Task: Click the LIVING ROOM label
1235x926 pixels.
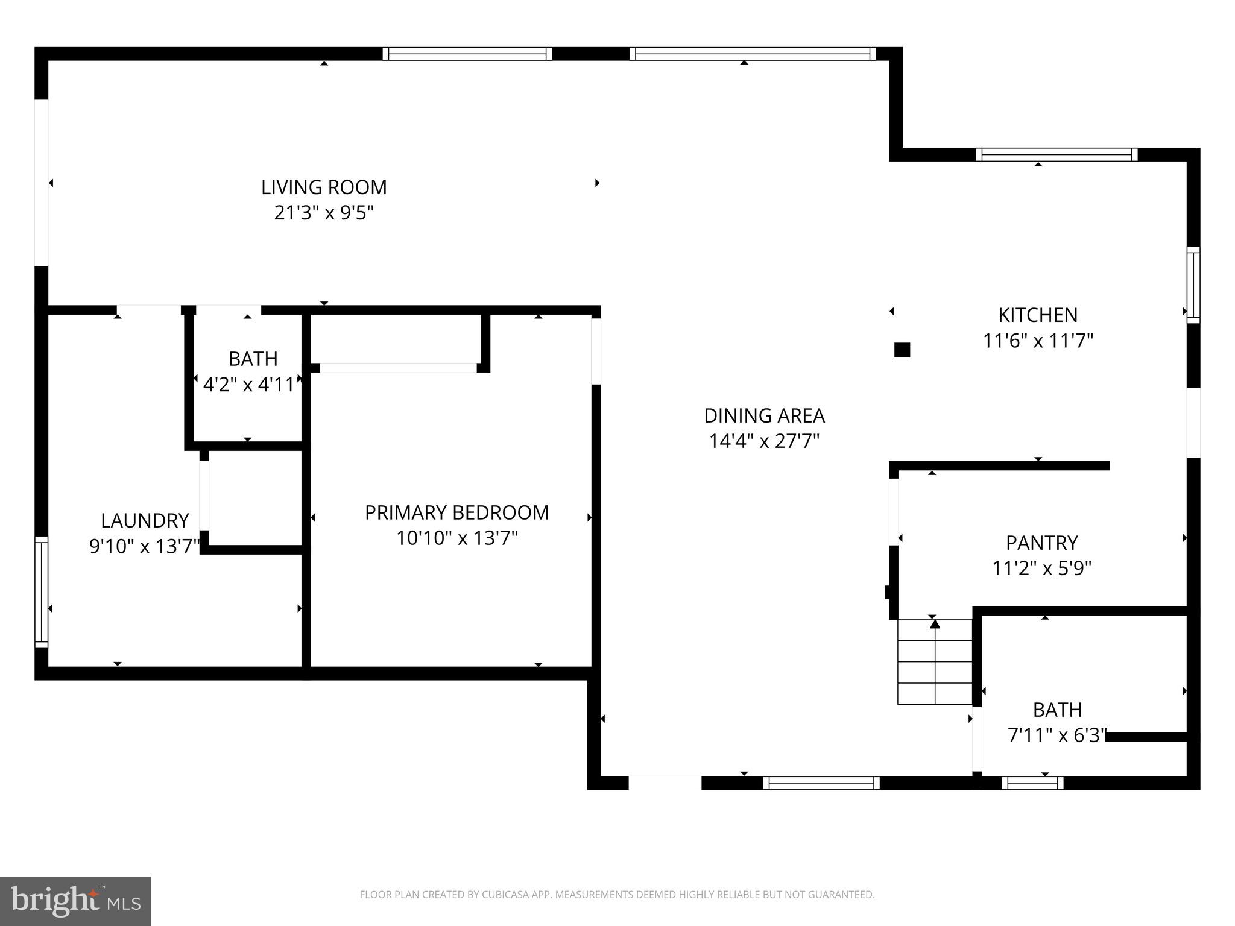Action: (x=324, y=187)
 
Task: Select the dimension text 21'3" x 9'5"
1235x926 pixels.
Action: (x=324, y=213)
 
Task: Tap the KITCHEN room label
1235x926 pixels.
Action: (x=1038, y=315)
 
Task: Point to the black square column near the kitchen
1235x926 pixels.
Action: (x=902, y=350)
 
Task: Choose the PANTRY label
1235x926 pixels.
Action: (x=1041, y=543)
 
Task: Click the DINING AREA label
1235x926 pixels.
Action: (x=764, y=415)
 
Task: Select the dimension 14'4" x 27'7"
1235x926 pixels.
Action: (x=764, y=441)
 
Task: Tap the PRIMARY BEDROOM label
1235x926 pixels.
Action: (x=456, y=512)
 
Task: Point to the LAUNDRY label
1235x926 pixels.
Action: (x=145, y=520)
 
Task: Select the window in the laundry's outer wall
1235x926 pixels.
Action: (x=41, y=592)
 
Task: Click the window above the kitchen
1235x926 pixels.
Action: (x=1057, y=155)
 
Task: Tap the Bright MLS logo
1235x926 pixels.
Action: (x=75, y=901)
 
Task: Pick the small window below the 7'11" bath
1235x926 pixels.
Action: (x=1032, y=783)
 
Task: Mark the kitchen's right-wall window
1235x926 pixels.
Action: (x=1193, y=285)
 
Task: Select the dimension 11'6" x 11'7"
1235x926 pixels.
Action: (x=1038, y=341)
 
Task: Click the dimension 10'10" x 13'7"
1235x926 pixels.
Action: (x=456, y=538)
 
